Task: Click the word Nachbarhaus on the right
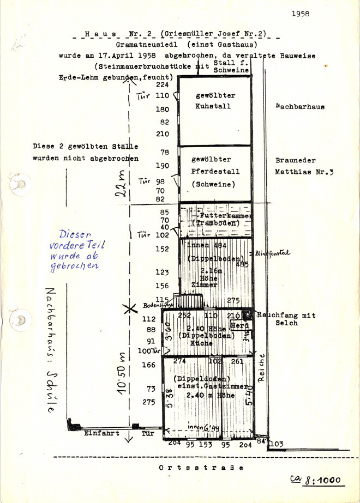[x=300, y=107]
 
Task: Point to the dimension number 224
[x=162, y=85]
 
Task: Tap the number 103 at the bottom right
[x=277, y=445]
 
